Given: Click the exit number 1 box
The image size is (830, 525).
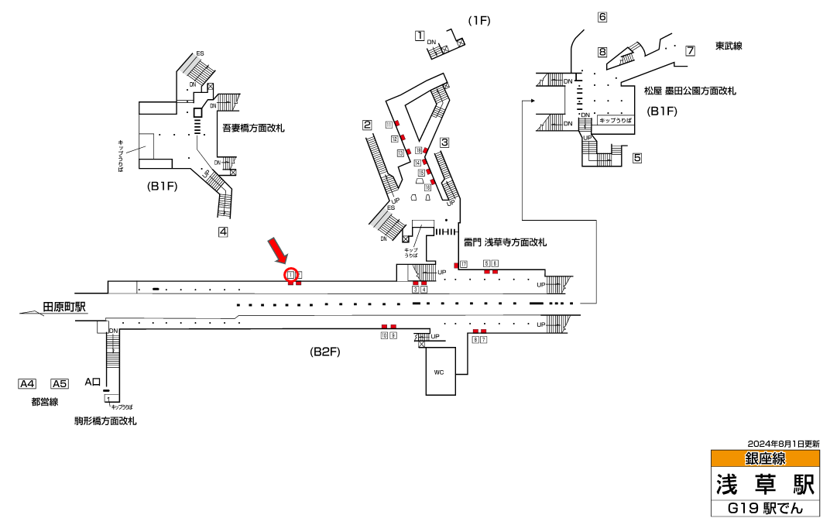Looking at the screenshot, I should pos(420,35).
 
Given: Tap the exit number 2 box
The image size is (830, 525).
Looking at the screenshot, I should pos(367,125).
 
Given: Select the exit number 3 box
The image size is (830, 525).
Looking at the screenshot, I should pos(444,142).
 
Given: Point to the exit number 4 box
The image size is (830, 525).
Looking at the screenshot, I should pos(223,231).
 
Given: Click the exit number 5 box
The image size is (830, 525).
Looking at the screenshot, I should pos(637,158).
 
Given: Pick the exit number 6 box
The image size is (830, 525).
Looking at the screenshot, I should pos(602,17).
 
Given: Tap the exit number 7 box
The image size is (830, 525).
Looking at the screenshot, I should pos(690,50).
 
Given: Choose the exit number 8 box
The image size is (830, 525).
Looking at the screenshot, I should pos(602,52).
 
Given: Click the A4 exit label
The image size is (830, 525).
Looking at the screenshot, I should pos(27,383).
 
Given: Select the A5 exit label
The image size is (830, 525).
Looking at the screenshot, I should pos(60,383).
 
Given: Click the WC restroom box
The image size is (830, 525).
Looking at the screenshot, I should pos(439,372).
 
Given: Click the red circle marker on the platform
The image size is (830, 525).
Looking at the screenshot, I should pos(291,274).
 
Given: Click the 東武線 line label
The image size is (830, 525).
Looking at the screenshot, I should pos(729,46).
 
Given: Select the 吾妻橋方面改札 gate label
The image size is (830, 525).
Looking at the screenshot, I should pos(253,128).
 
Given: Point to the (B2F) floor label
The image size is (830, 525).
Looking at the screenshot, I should pos(325,352).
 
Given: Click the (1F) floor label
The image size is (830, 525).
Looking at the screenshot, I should pos(479,19).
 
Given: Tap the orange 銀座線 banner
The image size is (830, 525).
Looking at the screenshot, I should pos(765,459).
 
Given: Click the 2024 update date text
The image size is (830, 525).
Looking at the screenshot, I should pos(784,444).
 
